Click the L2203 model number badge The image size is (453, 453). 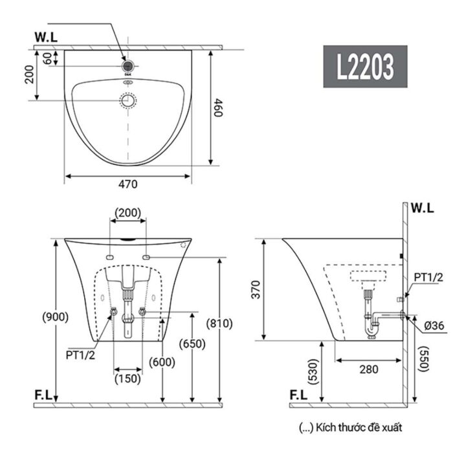click(x=365, y=66)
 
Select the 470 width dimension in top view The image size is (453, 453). click(x=128, y=184)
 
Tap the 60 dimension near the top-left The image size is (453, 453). click(x=47, y=58)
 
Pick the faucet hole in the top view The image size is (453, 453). click(x=128, y=65)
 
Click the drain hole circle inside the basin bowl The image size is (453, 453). click(x=128, y=100)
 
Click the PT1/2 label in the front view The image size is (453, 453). click(x=80, y=354)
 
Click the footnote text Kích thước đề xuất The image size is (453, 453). click(x=351, y=427)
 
